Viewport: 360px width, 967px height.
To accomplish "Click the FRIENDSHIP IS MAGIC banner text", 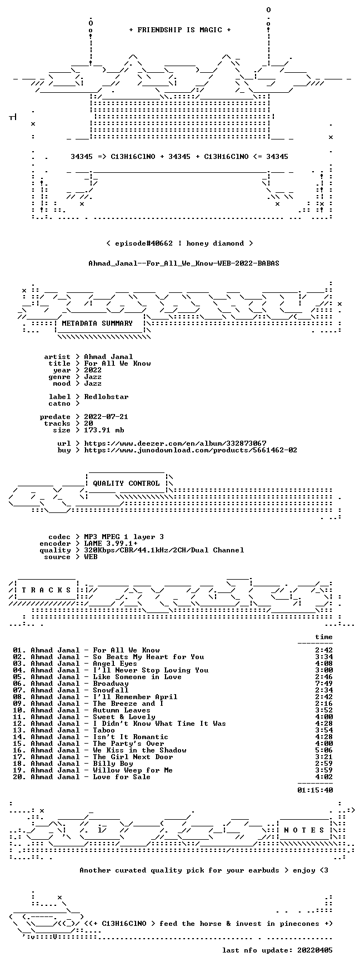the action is tap(179, 30).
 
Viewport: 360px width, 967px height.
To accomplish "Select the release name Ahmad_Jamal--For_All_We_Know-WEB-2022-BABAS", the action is tap(184, 263).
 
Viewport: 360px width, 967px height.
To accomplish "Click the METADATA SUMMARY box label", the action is tap(97, 323).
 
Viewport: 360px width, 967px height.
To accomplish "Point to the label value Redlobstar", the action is tap(106, 397).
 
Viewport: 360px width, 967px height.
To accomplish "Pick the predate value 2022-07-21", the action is tap(106, 417).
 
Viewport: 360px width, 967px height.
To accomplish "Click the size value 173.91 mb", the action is tap(104, 430).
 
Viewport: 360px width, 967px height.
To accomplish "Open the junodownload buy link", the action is tap(191, 450).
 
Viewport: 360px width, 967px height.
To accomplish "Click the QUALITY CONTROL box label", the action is tap(126, 483).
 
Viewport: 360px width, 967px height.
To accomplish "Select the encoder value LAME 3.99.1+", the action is tap(111, 544).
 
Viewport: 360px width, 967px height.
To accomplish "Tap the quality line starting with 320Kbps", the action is tap(164, 550).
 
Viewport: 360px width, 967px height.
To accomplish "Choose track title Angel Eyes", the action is tap(115, 664).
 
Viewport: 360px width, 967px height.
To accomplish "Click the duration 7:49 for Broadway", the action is tap(324, 684).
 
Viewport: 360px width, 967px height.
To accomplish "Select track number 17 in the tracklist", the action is tap(19, 757).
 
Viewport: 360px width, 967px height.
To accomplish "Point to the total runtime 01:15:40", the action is tap(315, 790).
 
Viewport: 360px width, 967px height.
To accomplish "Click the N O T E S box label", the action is tap(304, 830).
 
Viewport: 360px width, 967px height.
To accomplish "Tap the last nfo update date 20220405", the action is tap(315, 950).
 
